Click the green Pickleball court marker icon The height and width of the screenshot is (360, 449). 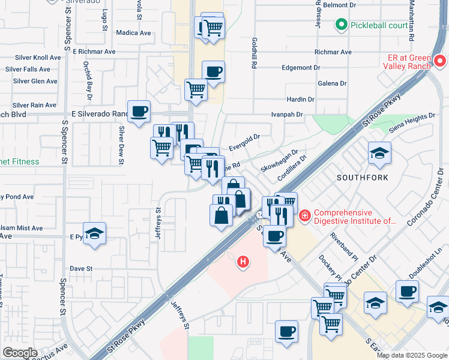(x=342, y=25)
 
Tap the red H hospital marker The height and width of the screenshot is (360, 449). (x=243, y=262)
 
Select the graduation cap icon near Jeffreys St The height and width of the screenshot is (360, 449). (x=94, y=233)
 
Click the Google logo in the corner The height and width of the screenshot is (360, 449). (x=19, y=353)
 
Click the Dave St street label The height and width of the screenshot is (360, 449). (x=80, y=268)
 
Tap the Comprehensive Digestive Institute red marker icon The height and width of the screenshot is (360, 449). (x=304, y=215)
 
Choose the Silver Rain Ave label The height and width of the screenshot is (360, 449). (x=34, y=105)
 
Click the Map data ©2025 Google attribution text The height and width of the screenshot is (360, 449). (x=411, y=355)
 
